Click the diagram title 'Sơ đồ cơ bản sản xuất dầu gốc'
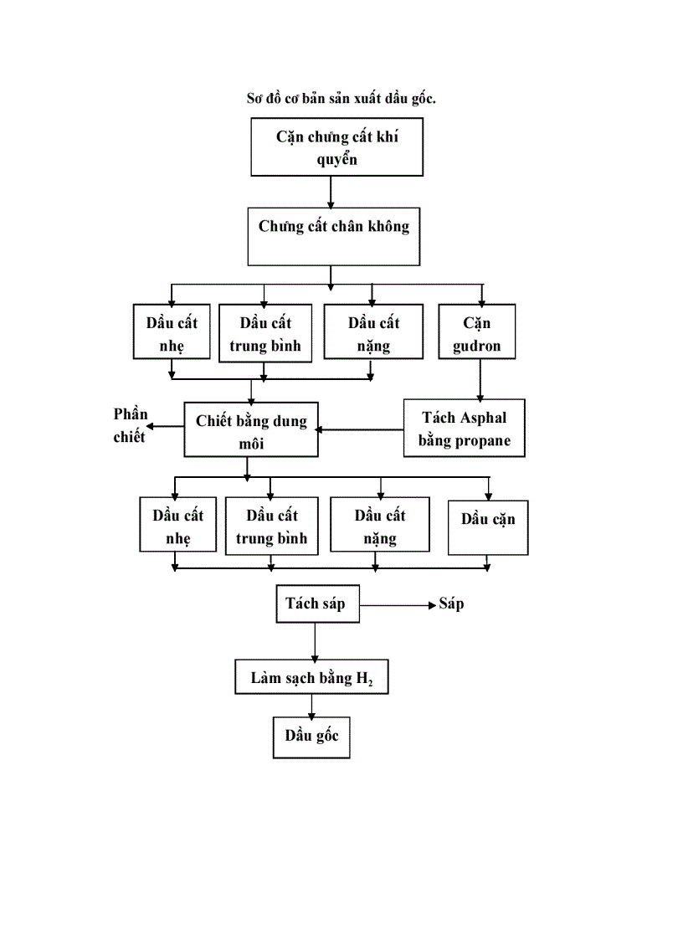pos(341,99)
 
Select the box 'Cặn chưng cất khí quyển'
pos(337,147)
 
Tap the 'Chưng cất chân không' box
pos(333,236)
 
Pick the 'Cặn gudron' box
pos(476,332)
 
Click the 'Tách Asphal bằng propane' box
pos(465,428)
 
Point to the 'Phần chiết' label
pos(130,425)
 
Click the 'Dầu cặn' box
pos(488,527)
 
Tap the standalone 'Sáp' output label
pos(451,604)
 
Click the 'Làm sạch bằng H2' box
pos(311,678)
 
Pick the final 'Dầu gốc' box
pos(311,737)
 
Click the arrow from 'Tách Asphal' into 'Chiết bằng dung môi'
pos(360,430)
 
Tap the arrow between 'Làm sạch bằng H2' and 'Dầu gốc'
pos(311,705)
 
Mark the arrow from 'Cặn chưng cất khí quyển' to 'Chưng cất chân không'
pos(331,192)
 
